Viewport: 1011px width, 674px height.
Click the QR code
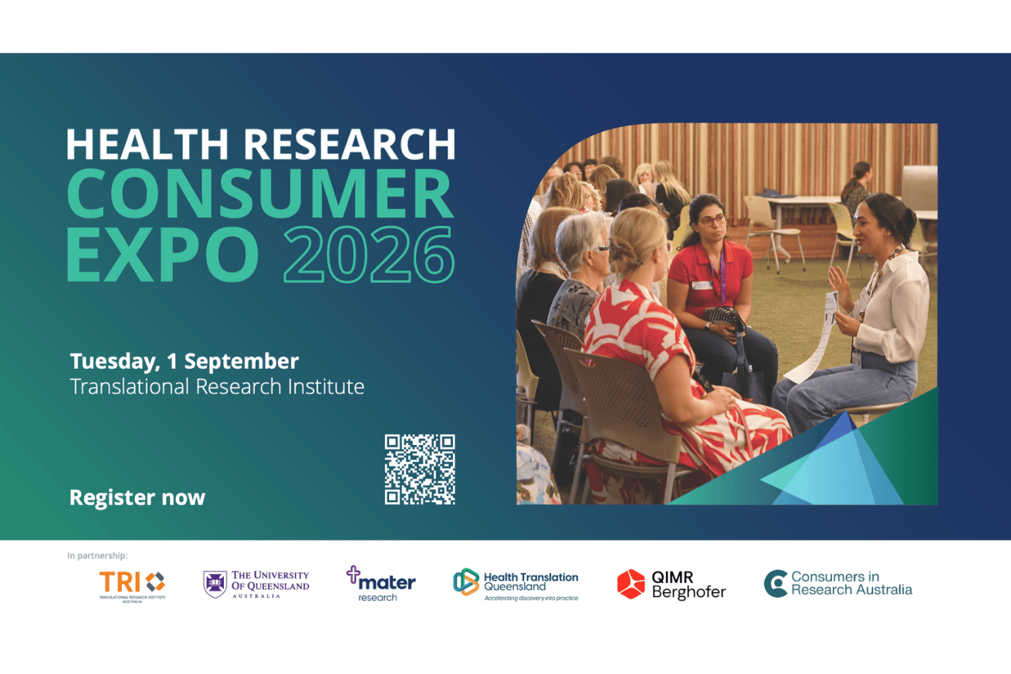point(420,469)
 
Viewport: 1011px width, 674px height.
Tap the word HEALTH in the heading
point(147,144)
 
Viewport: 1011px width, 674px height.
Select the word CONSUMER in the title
point(260,194)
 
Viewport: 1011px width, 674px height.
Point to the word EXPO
point(163,254)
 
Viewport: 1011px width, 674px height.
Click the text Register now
point(137,497)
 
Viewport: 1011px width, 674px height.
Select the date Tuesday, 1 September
point(184,362)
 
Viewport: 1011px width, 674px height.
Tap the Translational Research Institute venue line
point(217,386)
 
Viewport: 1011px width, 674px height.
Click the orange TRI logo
point(132,586)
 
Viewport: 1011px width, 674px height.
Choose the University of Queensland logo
point(256,584)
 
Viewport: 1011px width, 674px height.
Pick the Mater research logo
point(381,584)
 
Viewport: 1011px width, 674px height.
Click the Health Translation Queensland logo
point(516,585)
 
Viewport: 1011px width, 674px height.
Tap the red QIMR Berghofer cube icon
point(631,585)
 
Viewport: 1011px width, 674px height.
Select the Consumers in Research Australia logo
point(838,583)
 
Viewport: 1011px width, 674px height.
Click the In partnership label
point(97,555)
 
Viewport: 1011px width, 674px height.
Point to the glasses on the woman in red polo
point(712,220)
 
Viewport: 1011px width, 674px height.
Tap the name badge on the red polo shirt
point(702,285)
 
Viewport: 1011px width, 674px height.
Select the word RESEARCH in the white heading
point(350,144)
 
